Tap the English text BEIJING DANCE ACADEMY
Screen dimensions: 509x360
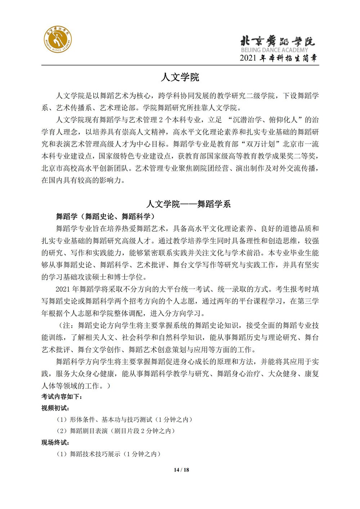274,50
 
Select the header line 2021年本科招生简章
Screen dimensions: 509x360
279,58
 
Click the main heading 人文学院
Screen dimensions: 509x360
180,77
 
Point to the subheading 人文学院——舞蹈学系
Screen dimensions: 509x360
188,204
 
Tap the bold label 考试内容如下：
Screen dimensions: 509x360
62,397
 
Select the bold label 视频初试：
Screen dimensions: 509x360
55,408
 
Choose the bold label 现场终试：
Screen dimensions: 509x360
55,442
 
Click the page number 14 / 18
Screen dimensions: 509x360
181,470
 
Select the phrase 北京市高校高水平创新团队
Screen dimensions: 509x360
86,168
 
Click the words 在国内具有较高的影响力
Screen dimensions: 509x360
83,180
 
